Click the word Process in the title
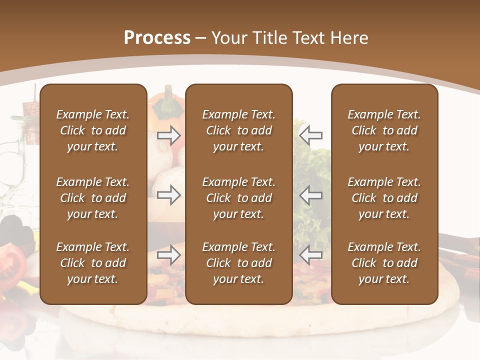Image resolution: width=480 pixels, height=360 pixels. coord(157,38)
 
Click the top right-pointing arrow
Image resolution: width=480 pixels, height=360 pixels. coord(169,135)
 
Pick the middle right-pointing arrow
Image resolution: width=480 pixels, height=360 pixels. coord(169,195)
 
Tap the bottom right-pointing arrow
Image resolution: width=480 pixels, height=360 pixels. coord(169,255)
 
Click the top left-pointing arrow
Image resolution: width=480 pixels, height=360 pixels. coord(311,135)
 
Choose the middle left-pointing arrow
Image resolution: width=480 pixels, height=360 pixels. coord(311,195)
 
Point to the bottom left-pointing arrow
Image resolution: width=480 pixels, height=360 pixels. coord(311,255)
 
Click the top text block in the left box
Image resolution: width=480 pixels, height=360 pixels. coord(93,130)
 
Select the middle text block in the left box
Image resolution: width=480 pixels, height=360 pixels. coord(93,198)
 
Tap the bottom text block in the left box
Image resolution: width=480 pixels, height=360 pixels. coord(93,263)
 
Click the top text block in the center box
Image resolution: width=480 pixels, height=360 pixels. coord(239,130)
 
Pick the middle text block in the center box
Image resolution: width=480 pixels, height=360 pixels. coord(239,198)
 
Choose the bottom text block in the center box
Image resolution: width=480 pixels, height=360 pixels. coord(239,263)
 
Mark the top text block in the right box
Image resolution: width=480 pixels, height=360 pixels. coord(384,130)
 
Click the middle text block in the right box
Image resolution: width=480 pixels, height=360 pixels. coord(384,198)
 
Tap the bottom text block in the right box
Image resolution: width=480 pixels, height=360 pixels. coord(384,263)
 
